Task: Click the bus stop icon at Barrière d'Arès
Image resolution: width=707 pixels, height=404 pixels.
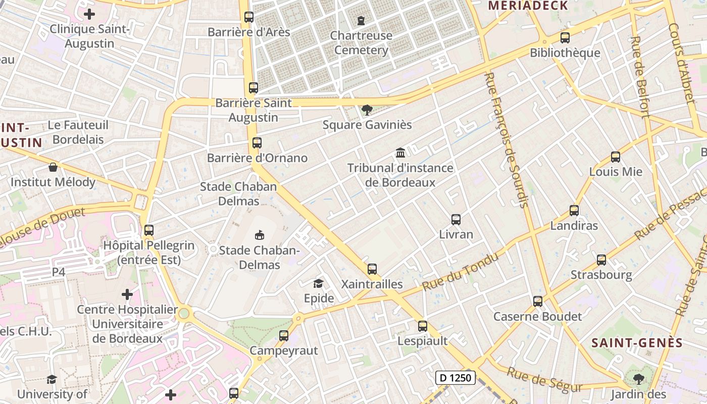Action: pos(249,17)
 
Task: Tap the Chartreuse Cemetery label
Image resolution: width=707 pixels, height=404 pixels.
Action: pos(361,43)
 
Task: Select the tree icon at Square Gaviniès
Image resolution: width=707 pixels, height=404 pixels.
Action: pos(367,110)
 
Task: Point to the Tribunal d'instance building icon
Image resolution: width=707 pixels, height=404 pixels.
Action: pos(400,153)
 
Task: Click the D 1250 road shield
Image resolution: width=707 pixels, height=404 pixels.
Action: pos(456,378)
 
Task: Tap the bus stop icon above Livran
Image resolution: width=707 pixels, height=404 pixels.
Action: pos(456,220)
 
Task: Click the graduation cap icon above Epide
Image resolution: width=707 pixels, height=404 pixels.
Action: pos(318,283)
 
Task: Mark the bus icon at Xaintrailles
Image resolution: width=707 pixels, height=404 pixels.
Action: pos(372,269)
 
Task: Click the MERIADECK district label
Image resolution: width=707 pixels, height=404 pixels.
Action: pos(528,6)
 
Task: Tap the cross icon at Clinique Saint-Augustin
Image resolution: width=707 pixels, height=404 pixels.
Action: pos(89,14)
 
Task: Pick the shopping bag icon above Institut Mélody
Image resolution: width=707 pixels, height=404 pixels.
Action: pos(53,167)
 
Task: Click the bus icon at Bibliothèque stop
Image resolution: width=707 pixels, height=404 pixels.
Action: pos(565,38)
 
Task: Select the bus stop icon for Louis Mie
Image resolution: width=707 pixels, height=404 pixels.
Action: pos(616,157)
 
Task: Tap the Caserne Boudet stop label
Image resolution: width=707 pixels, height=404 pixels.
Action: pos(537,317)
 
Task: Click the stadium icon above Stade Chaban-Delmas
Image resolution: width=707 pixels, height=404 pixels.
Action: pos(259,235)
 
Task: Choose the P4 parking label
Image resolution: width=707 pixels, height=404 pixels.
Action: pos(59,272)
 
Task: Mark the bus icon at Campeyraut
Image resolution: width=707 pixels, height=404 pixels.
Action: pos(284,336)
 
